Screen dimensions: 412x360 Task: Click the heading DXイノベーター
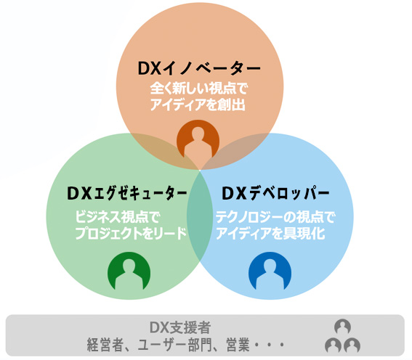pyautogui.click(x=199, y=68)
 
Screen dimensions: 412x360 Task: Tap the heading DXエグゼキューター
pyautogui.click(x=127, y=193)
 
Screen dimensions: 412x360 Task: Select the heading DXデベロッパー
pyautogui.click(x=275, y=193)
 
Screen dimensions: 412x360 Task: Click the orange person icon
pyautogui.click(x=198, y=139)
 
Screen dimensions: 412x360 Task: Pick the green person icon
pyautogui.click(x=129, y=271)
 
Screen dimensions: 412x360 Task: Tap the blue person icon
pyautogui.click(x=270, y=271)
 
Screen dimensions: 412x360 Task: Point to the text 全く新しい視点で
pyautogui.click(x=199, y=89)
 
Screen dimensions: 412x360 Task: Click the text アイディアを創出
pyautogui.click(x=198, y=105)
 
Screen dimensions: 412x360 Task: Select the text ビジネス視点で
pyautogui.click(x=118, y=217)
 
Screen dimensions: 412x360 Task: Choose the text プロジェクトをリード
pyautogui.click(x=131, y=233)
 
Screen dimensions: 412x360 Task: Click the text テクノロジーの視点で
pyautogui.click(x=275, y=217)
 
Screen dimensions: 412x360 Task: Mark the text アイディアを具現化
pyautogui.click(x=270, y=233)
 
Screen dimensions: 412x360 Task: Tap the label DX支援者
pyautogui.click(x=180, y=327)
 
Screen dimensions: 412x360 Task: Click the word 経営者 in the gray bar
pyautogui.click(x=105, y=345)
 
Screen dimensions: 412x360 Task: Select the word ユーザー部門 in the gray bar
pyautogui.click(x=174, y=345)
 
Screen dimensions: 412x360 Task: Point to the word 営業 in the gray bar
pyautogui.click(x=238, y=345)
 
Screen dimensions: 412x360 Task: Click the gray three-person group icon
pyautogui.click(x=342, y=336)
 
